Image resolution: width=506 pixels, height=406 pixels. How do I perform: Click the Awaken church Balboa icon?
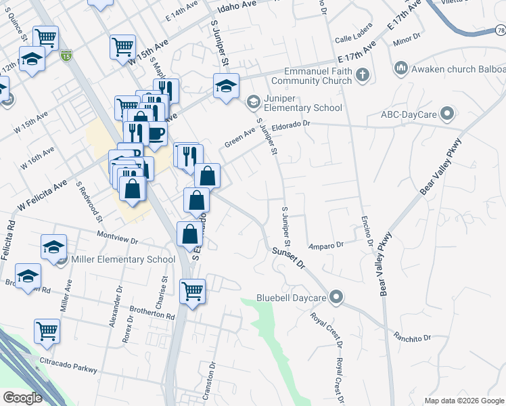(400, 68)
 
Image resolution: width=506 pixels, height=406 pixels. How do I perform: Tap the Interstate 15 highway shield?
(66, 54)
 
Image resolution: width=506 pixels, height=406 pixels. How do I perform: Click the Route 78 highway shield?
(499, 30)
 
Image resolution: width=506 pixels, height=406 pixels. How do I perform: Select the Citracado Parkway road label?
(68, 365)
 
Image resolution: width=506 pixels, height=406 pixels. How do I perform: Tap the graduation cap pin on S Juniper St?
(226, 86)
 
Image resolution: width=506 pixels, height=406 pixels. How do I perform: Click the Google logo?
(23, 398)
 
